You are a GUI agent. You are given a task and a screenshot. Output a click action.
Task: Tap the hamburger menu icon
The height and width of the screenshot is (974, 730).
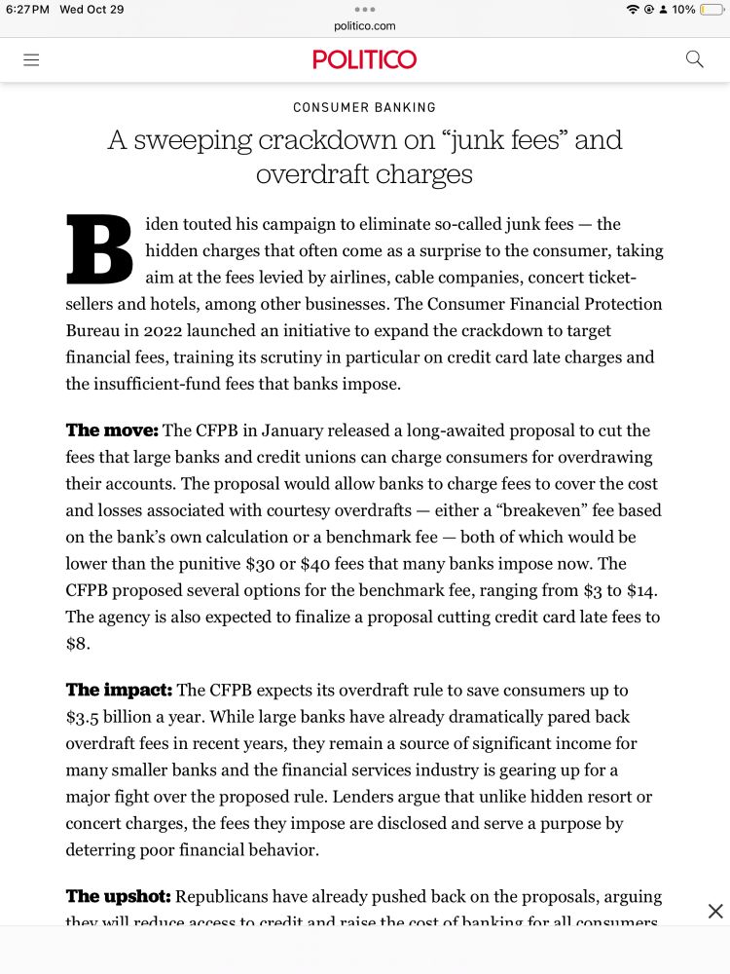(x=31, y=59)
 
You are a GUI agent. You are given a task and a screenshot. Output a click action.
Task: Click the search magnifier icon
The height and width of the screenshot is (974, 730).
(x=694, y=59)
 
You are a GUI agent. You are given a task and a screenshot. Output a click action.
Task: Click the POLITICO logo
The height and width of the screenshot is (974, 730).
(x=365, y=59)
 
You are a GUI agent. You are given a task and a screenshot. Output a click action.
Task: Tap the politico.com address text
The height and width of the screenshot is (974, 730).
(x=365, y=26)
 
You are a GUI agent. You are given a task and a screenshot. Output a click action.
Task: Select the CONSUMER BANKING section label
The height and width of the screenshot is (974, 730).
(x=365, y=107)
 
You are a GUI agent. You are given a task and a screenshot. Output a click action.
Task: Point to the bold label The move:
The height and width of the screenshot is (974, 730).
(x=112, y=431)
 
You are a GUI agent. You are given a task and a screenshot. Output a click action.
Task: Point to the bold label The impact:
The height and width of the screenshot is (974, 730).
(x=119, y=690)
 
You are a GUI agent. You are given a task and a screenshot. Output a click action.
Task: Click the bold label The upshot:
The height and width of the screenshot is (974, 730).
(x=118, y=896)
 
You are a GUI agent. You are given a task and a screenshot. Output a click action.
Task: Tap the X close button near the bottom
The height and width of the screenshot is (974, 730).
(x=715, y=912)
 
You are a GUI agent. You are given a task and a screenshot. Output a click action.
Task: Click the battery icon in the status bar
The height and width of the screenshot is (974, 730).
(x=712, y=10)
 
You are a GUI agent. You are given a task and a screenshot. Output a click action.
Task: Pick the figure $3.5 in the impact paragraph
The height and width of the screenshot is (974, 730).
(x=85, y=717)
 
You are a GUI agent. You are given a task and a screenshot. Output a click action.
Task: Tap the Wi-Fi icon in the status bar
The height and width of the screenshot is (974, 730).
(x=633, y=10)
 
